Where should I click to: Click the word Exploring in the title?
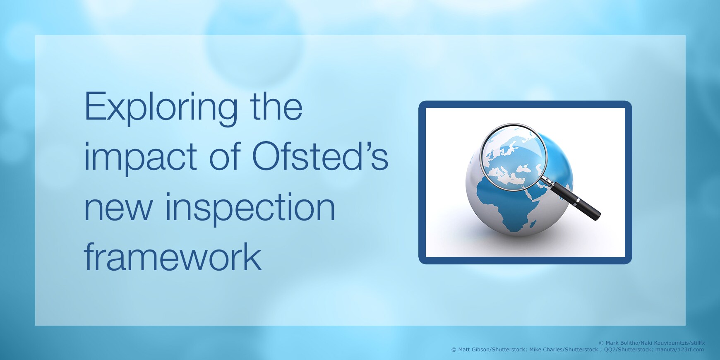[x=161, y=109]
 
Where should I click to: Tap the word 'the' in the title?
[x=276, y=106]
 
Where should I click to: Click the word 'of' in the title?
[x=225, y=156]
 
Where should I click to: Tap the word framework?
[x=173, y=257]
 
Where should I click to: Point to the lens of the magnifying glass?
[x=514, y=157]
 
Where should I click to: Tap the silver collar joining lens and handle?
[x=547, y=181]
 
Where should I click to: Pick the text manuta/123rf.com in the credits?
[x=679, y=350]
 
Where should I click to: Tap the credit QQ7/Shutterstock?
[x=628, y=350]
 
